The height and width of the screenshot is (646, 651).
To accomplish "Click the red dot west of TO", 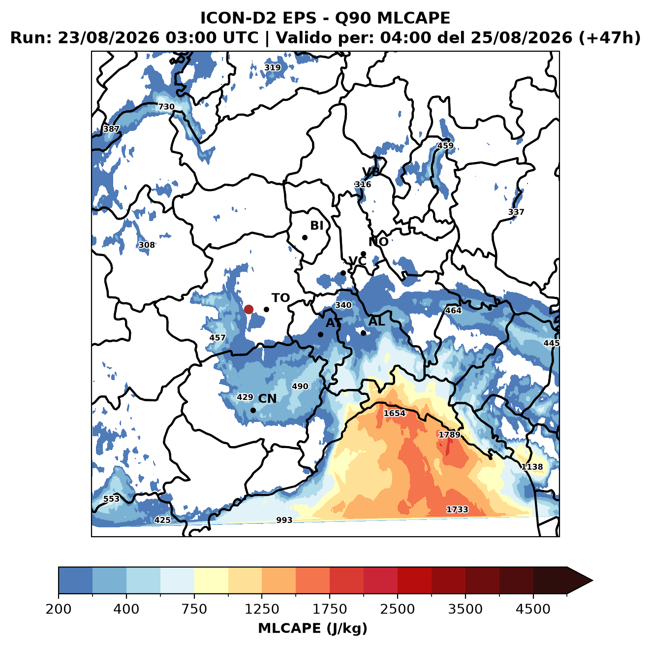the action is pos(248,309).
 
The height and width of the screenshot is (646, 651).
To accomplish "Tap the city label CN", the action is pos(267,398).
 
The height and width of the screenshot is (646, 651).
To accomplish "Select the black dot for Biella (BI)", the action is pos(305,237).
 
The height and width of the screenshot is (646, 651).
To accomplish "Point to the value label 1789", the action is pos(449,434).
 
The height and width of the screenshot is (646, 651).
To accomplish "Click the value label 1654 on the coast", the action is pos(394,413).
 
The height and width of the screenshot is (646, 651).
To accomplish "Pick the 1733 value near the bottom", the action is pos(457,509).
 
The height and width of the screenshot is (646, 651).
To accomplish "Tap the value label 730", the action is pos(166,107).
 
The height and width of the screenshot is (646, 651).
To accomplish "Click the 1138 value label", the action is pos(532,467).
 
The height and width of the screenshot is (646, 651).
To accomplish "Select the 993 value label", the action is pos(284,520).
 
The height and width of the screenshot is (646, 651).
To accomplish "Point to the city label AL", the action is pos(376,321).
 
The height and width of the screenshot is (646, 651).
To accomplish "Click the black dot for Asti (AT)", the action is pos(320,334).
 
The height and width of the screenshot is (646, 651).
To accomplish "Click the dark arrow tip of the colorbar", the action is pos(592,581).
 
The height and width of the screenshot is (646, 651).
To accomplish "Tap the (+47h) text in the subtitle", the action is pos(610,38).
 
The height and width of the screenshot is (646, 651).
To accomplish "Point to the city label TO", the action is pos(281,298).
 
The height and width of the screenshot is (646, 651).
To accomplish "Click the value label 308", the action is pos(147,245).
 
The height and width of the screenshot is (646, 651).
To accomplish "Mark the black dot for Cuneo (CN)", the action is pos(253,410).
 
